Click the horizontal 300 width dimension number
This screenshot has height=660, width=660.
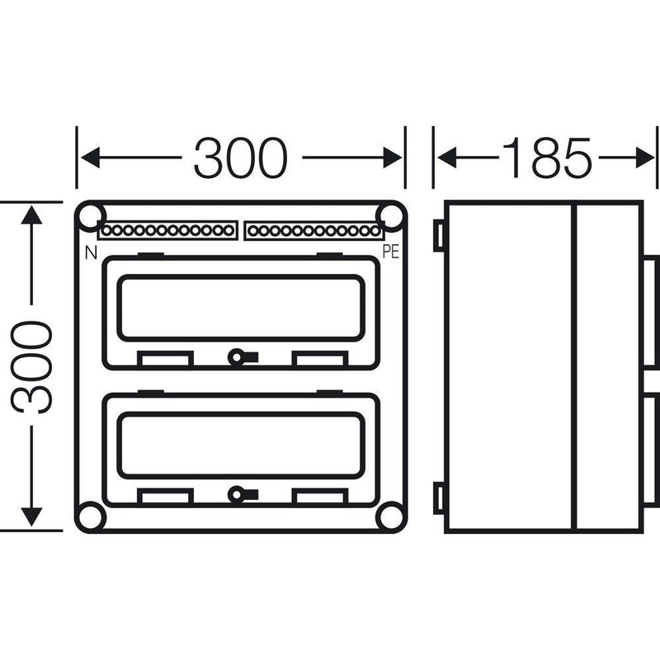(240, 158)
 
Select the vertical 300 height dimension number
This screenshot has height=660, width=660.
(32, 367)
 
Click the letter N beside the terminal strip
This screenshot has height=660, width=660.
(91, 252)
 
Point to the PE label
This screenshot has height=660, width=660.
(390, 252)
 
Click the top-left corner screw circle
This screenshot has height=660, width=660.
(91, 216)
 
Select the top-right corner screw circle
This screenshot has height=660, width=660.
(391, 216)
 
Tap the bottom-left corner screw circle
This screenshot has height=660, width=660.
(91, 516)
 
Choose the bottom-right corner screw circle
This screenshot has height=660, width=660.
(391, 516)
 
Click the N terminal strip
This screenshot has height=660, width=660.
(167, 231)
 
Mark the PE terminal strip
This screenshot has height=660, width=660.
(313, 231)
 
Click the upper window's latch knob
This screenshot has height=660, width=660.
(237, 358)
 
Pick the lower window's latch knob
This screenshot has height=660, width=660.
(237, 494)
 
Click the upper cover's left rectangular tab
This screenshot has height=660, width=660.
(166, 359)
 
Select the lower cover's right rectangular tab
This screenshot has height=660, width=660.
(320, 497)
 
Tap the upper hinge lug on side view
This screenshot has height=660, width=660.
(439, 236)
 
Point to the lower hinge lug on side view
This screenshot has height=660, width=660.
(439, 498)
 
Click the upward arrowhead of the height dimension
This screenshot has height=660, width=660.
(31, 215)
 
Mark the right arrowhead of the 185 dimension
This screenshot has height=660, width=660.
(645, 158)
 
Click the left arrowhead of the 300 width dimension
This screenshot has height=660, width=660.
(91, 158)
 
